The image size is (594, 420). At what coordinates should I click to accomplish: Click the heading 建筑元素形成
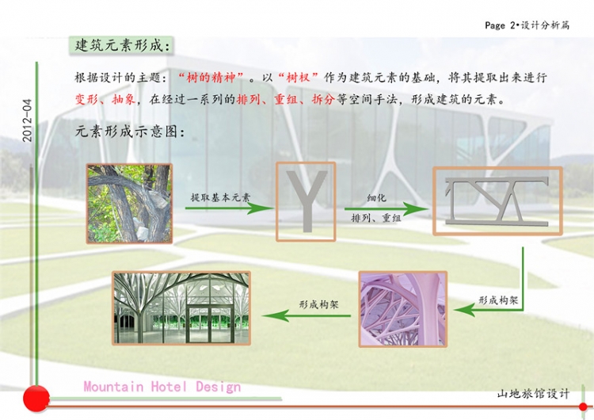(x=120, y=46)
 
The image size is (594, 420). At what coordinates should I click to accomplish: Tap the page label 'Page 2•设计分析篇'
(x=527, y=25)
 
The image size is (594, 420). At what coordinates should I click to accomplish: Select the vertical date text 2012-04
(x=27, y=120)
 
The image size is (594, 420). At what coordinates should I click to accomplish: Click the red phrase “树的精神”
(x=210, y=78)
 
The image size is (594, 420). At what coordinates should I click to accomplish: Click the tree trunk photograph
(x=130, y=204)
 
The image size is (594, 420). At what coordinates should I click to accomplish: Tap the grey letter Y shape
(x=306, y=201)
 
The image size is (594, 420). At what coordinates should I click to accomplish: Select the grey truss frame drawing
(x=497, y=201)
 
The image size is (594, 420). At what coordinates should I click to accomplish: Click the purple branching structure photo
(x=403, y=309)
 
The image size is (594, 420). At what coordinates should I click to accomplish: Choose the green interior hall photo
(x=181, y=307)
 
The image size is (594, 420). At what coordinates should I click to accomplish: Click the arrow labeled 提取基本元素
(x=230, y=208)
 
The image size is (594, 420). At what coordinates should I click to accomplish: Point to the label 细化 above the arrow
(x=376, y=197)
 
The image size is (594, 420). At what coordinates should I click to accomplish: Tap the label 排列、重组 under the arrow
(x=375, y=218)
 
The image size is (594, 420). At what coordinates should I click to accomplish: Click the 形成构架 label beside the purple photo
(x=498, y=300)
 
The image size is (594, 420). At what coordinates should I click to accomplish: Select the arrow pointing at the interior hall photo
(x=306, y=315)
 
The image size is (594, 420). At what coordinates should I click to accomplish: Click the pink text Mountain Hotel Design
(x=162, y=387)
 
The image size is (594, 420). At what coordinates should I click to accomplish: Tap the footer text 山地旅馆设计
(x=533, y=394)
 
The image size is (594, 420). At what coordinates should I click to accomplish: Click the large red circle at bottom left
(x=36, y=399)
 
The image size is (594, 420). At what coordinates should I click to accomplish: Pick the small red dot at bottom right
(x=583, y=407)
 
